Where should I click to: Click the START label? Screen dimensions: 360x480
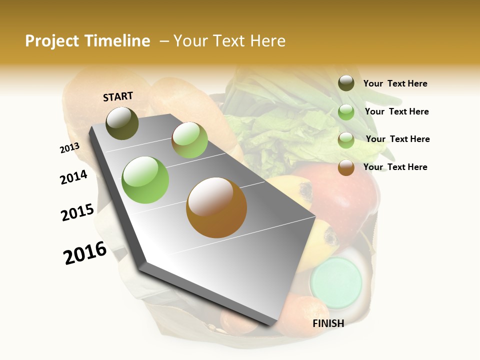118,96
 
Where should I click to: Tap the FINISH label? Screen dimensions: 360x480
328,323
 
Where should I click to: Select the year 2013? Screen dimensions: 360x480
69,148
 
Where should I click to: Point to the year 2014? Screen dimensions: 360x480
73,177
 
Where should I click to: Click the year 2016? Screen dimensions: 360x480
85,253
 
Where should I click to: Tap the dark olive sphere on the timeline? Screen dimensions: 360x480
122,123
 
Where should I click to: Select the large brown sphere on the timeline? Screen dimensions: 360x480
216,207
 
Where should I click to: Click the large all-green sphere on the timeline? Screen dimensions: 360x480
145,180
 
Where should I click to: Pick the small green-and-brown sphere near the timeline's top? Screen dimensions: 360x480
189,140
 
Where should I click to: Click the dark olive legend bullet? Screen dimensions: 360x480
346,83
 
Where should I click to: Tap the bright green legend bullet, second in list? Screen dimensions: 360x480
346,111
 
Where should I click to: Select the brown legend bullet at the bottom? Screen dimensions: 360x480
346,167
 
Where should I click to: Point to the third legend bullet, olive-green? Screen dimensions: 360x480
346,140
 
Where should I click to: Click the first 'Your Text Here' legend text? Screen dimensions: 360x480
395,83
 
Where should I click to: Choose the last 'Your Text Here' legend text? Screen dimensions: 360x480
395,167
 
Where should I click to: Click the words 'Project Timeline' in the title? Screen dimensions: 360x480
87,41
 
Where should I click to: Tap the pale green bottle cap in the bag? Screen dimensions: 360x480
335,281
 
